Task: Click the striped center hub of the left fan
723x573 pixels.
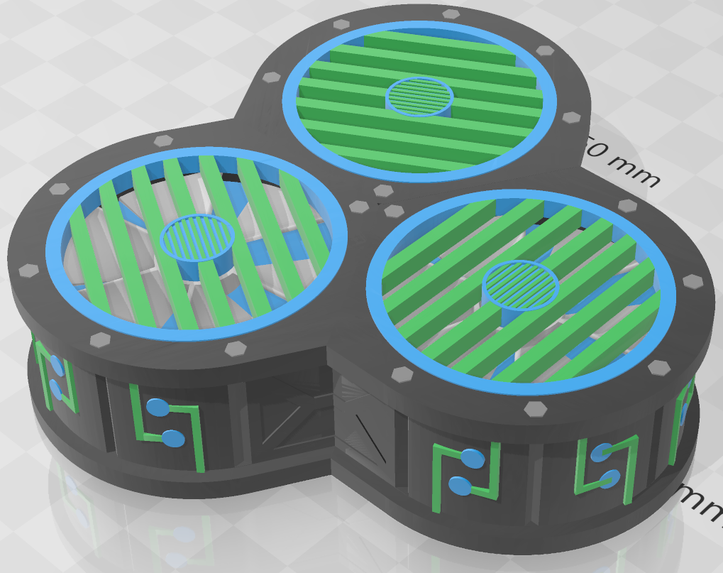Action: coord(198,237)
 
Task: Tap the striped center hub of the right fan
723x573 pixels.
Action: coord(520,285)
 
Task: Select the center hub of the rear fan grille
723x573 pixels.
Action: coord(419,96)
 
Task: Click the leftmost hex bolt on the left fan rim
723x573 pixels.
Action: coord(28,271)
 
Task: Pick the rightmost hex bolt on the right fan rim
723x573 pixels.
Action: coord(692,282)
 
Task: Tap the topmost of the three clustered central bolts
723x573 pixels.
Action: coord(383,191)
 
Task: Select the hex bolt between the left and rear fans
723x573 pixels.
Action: coord(271,77)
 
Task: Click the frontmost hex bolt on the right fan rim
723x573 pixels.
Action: coord(532,408)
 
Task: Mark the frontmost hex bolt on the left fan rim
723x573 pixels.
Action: coord(234,349)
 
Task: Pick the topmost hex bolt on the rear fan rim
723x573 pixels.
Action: coord(451,14)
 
